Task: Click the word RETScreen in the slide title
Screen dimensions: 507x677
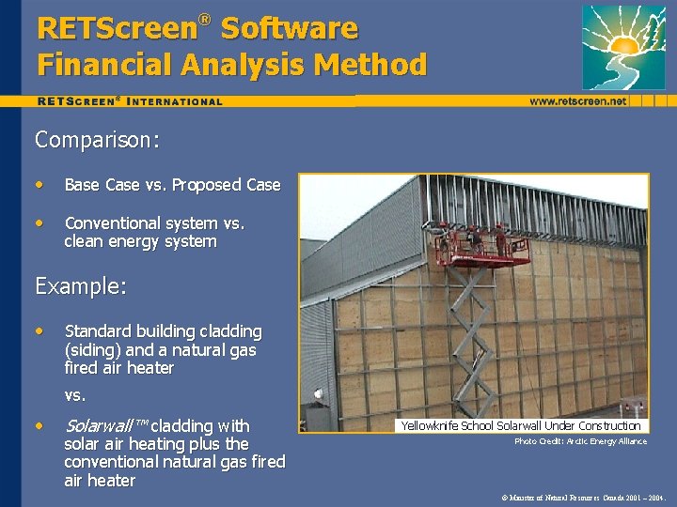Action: [114, 28]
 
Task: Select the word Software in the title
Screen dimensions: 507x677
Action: [290, 28]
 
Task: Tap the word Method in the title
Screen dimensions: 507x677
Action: [374, 65]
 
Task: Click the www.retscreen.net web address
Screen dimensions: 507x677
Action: [577, 100]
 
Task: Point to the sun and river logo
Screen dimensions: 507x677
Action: [623, 47]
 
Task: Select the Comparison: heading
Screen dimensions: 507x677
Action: [96, 140]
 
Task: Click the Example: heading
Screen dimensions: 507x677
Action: [80, 286]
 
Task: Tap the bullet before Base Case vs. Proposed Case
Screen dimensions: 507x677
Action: [39, 184]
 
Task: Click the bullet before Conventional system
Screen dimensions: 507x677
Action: [39, 223]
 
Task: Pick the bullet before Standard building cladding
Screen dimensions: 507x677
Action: [39, 330]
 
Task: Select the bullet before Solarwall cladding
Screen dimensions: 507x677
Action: [39, 424]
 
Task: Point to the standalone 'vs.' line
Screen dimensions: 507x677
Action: [75, 395]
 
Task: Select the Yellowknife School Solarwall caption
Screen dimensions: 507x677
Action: [520, 425]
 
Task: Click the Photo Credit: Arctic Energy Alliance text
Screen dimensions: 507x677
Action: [580, 441]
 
